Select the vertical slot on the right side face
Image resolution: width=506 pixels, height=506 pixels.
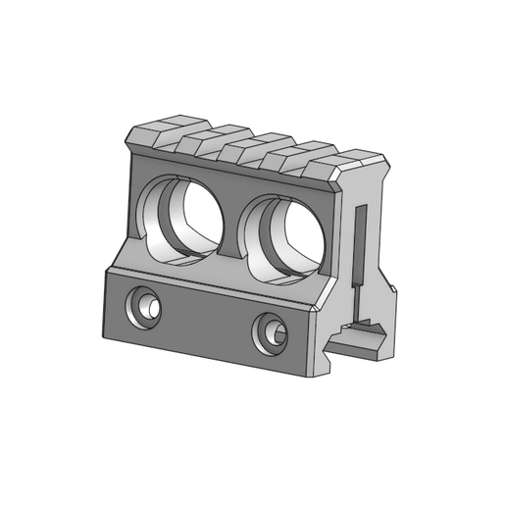pyautogui.click(x=360, y=245)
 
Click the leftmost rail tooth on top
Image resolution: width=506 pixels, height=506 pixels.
pyautogui.click(x=156, y=133)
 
